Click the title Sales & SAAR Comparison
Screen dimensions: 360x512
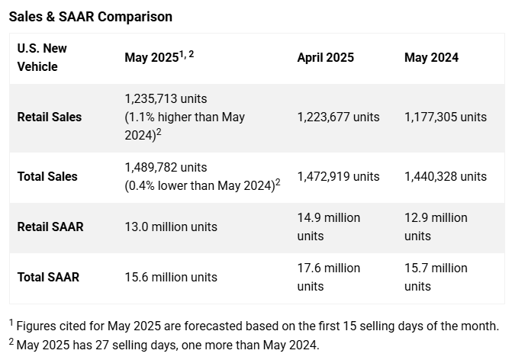coord(91,16)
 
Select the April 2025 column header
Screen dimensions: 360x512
coord(325,58)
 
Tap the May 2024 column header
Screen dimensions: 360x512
coord(431,58)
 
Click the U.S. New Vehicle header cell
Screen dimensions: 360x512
coord(42,57)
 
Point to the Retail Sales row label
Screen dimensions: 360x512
coord(49,117)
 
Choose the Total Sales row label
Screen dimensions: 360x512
coord(47,176)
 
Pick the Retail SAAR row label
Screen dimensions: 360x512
coord(50,227)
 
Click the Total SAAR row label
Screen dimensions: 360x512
coord(48,277)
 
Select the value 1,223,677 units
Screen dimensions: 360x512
coord(338,117)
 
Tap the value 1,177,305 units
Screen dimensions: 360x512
coord(446,117)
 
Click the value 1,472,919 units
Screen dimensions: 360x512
coord(338,176)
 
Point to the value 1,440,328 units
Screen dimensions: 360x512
coord(446,176)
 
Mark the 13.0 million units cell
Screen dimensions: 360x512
coord(171,227)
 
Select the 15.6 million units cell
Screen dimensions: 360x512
coord(171,277)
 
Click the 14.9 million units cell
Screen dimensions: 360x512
coord(328,227)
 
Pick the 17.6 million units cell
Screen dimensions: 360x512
coord(328,277)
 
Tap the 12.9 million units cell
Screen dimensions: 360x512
coord(436,227)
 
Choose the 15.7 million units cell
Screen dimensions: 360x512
coord(436,277)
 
